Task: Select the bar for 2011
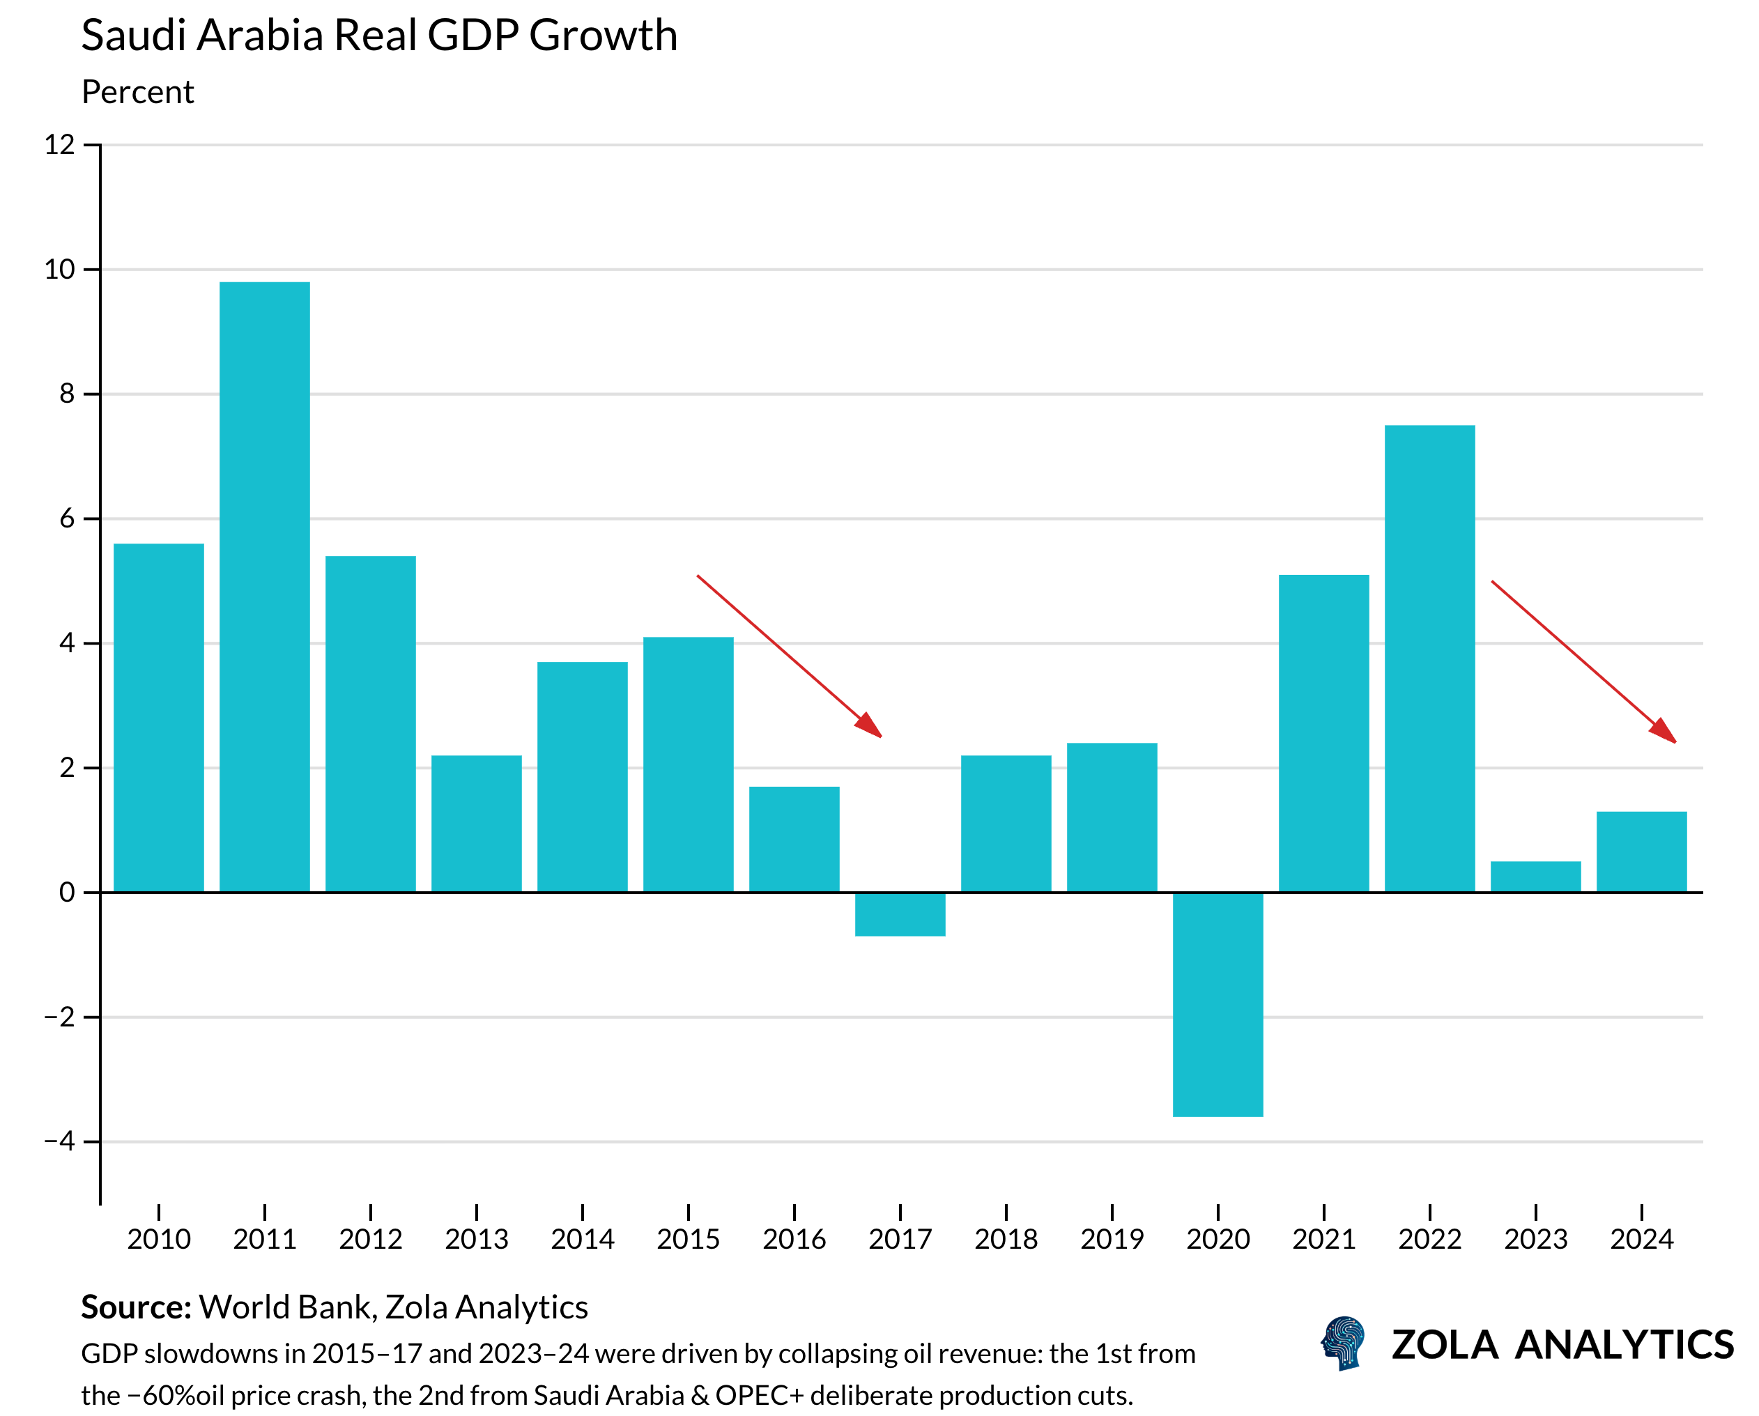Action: [x=264, y=587]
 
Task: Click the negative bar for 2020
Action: [x=1218, y=1004]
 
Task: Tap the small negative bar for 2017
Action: [x=900, y=914]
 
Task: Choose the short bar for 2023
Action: [x=1535, y=877]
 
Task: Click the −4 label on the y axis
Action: [x=59, y=1141]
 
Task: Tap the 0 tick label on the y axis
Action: [x=67, y=893]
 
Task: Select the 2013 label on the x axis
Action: [x=477, y=1240]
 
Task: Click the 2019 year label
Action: [x=1112, y=1240]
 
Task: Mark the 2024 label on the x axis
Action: [x=1641, y=1240]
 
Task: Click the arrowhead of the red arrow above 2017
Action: [x=870, y=726]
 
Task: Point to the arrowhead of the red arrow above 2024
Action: [x=1664, y=732]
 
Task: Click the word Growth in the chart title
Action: [x=603, y=36]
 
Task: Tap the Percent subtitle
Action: [x=138, y=92]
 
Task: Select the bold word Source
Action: [x=135, y=1307]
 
